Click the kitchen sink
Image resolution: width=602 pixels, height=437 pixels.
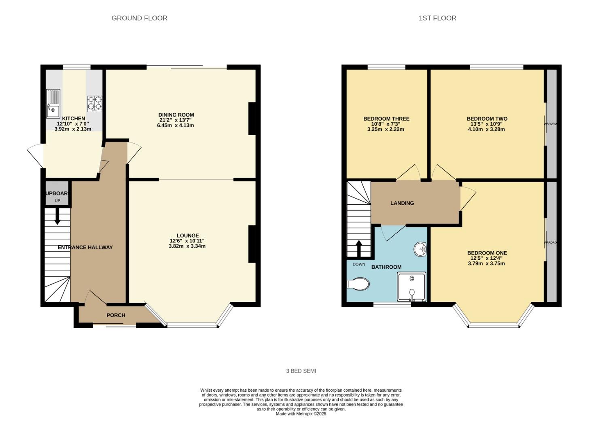point(53,104)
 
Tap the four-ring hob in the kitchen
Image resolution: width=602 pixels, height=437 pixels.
point(95,104)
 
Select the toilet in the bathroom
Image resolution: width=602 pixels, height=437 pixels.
point(358,284)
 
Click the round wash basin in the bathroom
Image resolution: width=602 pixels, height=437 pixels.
point(420,249)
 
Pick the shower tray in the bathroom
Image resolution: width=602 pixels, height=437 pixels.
point(411,287)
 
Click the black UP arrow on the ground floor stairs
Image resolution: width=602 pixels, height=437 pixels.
point(57,216)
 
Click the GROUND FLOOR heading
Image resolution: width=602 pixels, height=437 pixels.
point(139,18)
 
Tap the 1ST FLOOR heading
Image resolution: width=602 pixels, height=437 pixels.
point(437,18)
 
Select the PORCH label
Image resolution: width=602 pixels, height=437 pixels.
point(116,315)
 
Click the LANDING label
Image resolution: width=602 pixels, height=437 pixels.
point(402,203)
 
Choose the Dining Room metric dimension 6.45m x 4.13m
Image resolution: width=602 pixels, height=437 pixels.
point(176,125)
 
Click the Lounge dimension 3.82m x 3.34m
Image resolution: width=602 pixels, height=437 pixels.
point(187,246)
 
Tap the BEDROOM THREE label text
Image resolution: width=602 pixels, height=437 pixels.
point(386,119)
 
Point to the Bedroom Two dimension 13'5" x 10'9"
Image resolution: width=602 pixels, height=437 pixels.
point(487,124)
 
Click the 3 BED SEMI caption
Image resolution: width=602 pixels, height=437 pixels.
point(301,371)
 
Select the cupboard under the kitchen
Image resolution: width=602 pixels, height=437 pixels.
point(57,196)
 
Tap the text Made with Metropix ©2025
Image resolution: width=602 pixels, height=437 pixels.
point(301,414)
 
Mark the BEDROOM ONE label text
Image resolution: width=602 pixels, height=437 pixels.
point(487,253)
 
